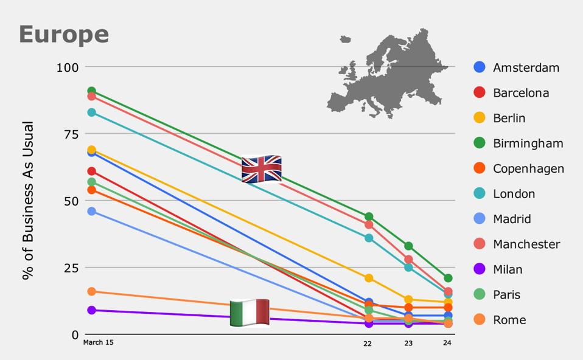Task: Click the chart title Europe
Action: (x=64, y=35)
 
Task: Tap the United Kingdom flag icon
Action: (x=262, y=169)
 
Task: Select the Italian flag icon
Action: (x=250, y=313)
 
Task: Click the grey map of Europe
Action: (x=387, y=73)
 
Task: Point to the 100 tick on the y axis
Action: (x=68, y=67)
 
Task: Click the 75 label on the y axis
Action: (x=71, y=134)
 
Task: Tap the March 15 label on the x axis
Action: (x=98, y=342)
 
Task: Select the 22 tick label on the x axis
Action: (x=368, y=344)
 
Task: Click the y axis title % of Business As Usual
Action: (x=27, y=200)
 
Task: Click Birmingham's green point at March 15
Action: (x=91, y=91)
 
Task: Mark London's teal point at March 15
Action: (x=91, y=112)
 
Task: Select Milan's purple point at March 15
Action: (x=91, y=310)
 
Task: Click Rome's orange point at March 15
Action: (x=91, y=292)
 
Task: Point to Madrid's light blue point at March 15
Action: (x=91, y=211)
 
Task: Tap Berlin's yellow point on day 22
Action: (x=369, y=278)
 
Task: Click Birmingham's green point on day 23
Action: (x=408, y=246)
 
